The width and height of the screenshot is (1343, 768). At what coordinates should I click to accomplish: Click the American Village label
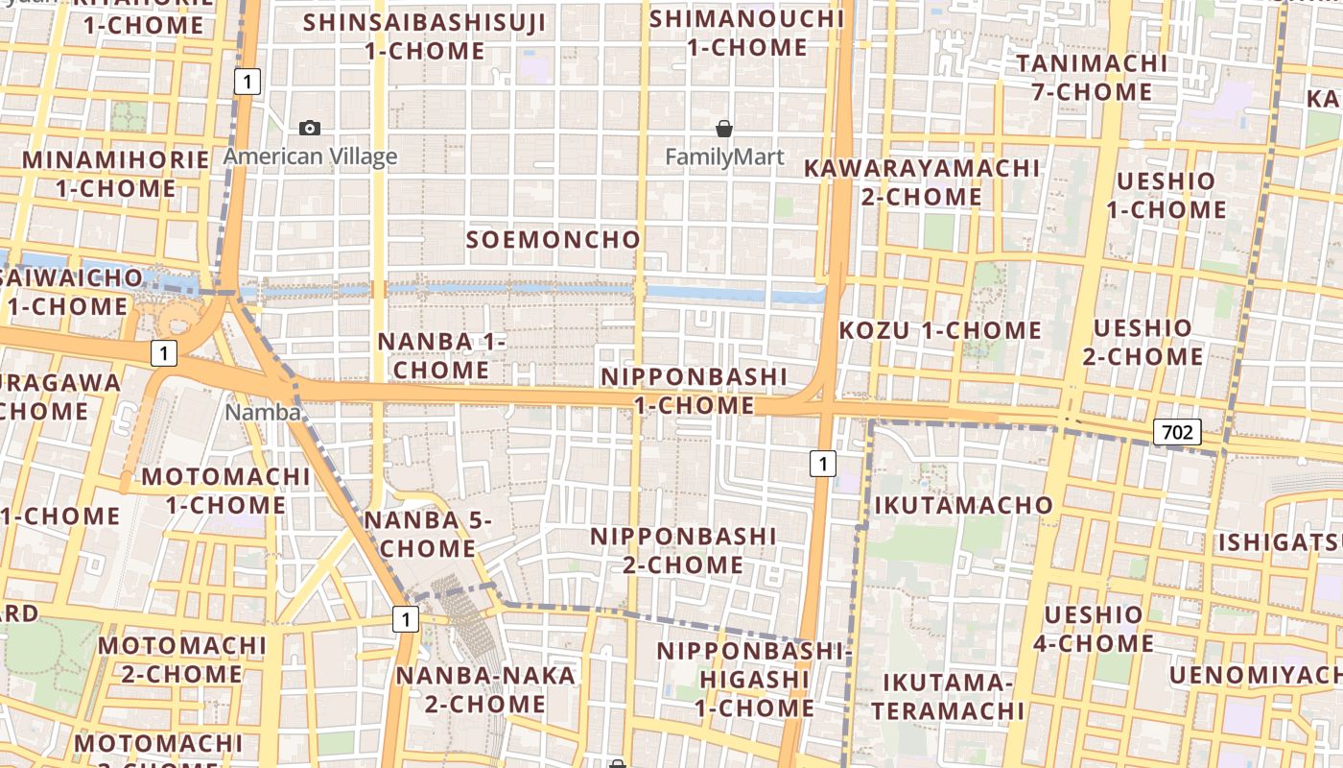coord(310,156)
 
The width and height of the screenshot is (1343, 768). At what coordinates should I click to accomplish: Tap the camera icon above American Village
coord(310,128)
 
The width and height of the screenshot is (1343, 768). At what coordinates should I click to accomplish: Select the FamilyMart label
coord(724,156)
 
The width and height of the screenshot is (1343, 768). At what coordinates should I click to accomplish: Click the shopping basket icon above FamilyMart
coord(724,128)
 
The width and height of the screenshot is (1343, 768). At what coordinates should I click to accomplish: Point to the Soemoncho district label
coord(554,240)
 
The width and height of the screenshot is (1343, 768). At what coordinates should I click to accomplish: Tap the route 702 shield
coord(1176,433)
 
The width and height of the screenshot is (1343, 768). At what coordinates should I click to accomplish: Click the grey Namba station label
coord(263,413)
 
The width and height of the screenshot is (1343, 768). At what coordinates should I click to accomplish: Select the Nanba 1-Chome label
coord(441,355)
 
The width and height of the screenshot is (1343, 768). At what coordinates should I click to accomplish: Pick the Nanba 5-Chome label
coord(428,534)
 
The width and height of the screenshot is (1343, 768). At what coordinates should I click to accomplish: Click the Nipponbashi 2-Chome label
coord(683,550)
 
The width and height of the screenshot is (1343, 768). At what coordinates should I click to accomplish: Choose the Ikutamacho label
coord(963,505)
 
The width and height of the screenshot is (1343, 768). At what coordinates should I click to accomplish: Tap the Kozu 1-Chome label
coord(940,331)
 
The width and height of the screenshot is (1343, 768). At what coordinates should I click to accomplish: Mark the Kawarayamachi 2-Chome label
coord(921,182)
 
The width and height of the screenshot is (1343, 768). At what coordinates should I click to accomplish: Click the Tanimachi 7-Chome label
coord(1092,78)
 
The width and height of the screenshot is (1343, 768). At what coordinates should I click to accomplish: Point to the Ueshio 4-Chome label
coord(1094,629)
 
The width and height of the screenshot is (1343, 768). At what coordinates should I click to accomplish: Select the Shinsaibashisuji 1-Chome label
coord(425,36)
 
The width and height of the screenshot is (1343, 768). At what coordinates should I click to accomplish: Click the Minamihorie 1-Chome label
coord(115,174)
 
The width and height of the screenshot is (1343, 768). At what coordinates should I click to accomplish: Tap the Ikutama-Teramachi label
coord(948,697)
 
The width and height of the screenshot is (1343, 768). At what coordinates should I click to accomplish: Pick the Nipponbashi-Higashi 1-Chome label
coord(754,680)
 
